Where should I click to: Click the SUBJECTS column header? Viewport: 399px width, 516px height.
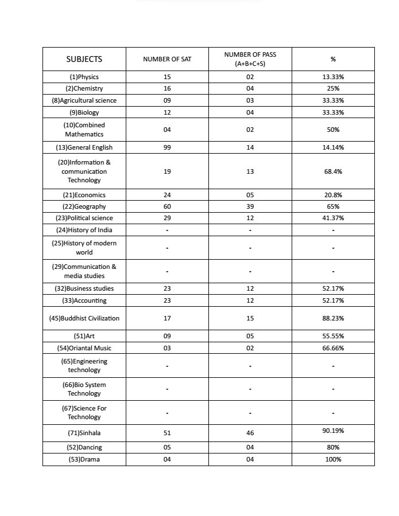[84, 59]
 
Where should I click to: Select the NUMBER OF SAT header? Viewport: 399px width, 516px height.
[167, 59]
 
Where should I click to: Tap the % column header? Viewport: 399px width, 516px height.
[333, 59]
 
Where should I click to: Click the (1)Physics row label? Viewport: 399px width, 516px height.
[84, 77]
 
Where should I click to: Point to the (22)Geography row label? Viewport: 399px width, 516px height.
[84, 206]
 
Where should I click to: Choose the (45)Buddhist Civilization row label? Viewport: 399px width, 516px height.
[84, 318]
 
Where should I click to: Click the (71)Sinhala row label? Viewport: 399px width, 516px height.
[84, 433]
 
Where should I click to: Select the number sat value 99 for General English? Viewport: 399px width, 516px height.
[167, 147]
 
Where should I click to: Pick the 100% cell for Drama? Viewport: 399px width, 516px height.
[333, 459]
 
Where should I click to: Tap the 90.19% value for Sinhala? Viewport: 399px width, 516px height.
[333, 431]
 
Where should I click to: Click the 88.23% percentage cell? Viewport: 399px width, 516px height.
[333, 318]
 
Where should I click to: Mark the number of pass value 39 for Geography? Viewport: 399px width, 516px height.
[250, 206]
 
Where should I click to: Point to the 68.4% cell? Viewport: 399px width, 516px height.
[333, 171]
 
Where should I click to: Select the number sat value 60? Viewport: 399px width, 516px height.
[167, 206]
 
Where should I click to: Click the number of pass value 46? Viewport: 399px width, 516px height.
[250, 433]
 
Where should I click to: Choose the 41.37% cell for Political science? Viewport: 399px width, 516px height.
[333, 218]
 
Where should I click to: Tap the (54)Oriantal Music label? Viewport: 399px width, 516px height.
[84, 348]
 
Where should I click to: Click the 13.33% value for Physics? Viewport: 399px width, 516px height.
[333, 77]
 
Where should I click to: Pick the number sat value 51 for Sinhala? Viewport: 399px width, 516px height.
[167, 433]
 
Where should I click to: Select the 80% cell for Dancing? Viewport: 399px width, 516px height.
[333, 447]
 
